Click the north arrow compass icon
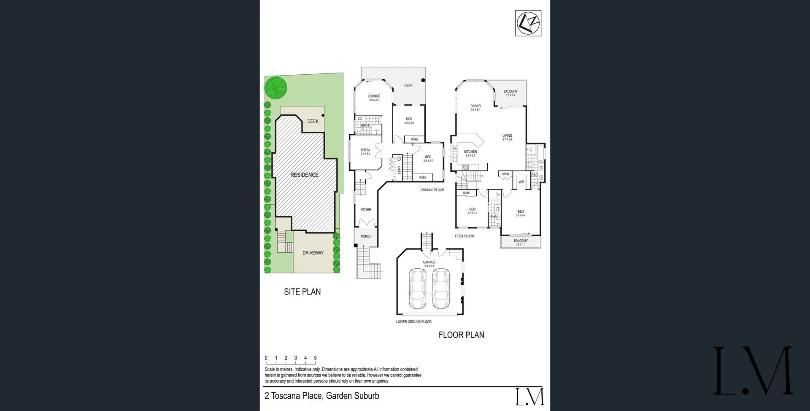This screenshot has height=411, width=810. point(528,23)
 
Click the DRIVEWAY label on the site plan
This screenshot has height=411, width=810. point(313,253)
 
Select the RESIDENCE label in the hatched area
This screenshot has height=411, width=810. point(304,175)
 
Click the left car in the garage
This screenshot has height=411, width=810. point(418,289)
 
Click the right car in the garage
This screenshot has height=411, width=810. point(441,289)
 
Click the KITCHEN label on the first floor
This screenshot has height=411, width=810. point(470,152)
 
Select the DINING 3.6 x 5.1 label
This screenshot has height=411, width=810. point(475,108)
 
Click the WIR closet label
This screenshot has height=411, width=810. point(521,182)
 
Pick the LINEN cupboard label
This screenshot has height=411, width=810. point(505,174)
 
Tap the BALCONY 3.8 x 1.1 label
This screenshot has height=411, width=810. point(521,242)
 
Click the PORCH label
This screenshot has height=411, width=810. point(366,236)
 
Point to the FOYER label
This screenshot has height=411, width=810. point(366,210)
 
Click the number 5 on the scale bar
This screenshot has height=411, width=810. point(315,358)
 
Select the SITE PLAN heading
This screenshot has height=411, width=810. point(302,292)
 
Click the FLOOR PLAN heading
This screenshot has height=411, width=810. point(461,335)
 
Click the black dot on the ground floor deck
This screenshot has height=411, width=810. point(423,80)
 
